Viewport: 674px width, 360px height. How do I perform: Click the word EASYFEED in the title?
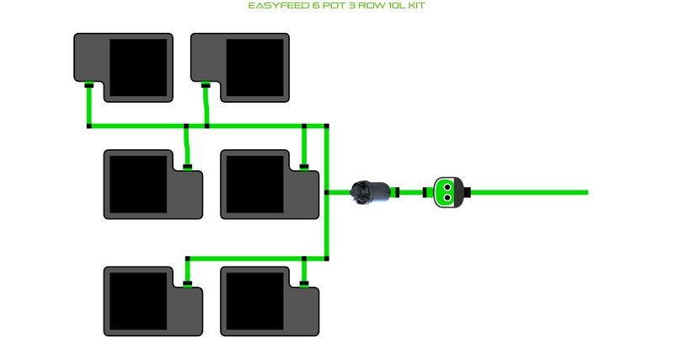pyautogui.click(x=275, y=6)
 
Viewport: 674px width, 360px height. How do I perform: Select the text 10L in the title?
pyautogui.click(x=394, y=6)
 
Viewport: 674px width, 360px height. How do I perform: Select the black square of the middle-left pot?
pyautogui.click(x=138, y=184)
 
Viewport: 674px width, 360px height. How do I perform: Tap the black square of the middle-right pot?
pyautogui.click(x=254, y=184)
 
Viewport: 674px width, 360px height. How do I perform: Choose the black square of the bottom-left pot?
pyautogui.click(x=138, y=301)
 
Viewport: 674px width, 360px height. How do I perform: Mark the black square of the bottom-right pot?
pyautogui.click(x=254, y=301)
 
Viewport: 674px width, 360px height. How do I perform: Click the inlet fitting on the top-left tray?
pyautogui.click(x=88, y=83)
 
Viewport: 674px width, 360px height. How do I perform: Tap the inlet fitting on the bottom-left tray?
pyautogui.click(x=187, y=283)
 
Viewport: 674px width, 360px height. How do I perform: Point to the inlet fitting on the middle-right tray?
pyautogui.click(x=303, y=167)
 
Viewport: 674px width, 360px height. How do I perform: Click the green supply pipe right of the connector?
pyautogui.click(x=531, y=192)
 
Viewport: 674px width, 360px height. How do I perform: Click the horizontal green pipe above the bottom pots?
pyautogui.click(x=253, y=258)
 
